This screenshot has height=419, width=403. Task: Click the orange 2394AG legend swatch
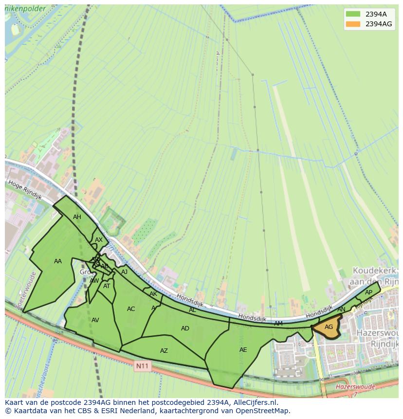[353, 24]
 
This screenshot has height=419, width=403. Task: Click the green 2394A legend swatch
[353, 14]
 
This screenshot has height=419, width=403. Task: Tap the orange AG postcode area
[329, 327]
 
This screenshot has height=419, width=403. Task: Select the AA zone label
[58, 261]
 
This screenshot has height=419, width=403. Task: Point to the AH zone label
[77, 217]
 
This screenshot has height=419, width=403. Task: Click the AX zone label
[99, 240]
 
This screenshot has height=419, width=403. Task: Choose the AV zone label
[95, 320]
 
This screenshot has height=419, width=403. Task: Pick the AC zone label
[131, 309]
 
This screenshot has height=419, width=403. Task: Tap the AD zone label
[185, 328]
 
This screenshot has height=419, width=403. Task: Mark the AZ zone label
[164, 351]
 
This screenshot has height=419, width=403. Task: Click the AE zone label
[243, 349]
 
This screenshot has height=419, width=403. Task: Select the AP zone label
[368, 292]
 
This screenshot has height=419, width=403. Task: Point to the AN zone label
[341, 310]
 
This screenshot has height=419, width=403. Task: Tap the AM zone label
[278, 324]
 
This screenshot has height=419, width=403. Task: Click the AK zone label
[153, 294]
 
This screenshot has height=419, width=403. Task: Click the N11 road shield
[143, 365]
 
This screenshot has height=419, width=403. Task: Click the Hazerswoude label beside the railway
[355, 387]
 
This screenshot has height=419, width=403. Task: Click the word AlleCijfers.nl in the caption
[253, 403]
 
